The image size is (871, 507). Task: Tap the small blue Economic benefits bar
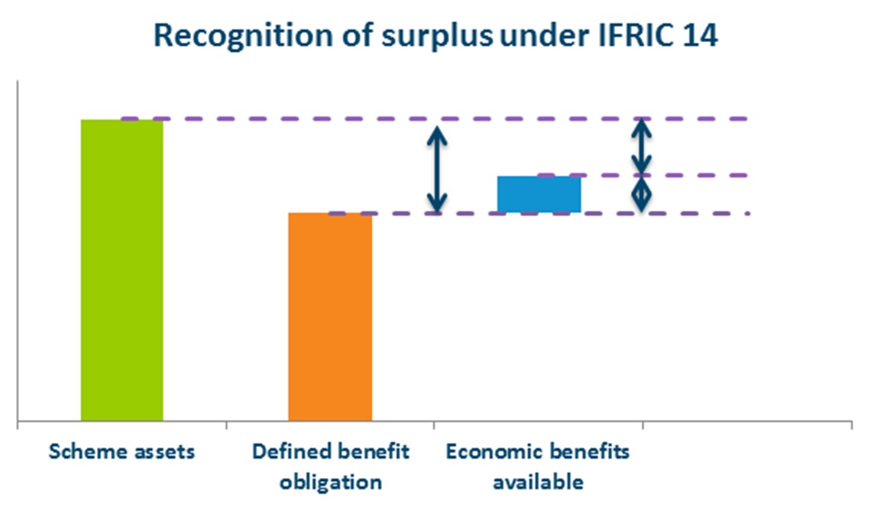(539, 194)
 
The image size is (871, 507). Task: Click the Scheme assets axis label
(122, 451)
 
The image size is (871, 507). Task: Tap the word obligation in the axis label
(330, 483)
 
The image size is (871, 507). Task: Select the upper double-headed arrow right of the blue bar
(643, 147)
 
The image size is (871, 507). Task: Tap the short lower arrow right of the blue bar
(643, 194)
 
